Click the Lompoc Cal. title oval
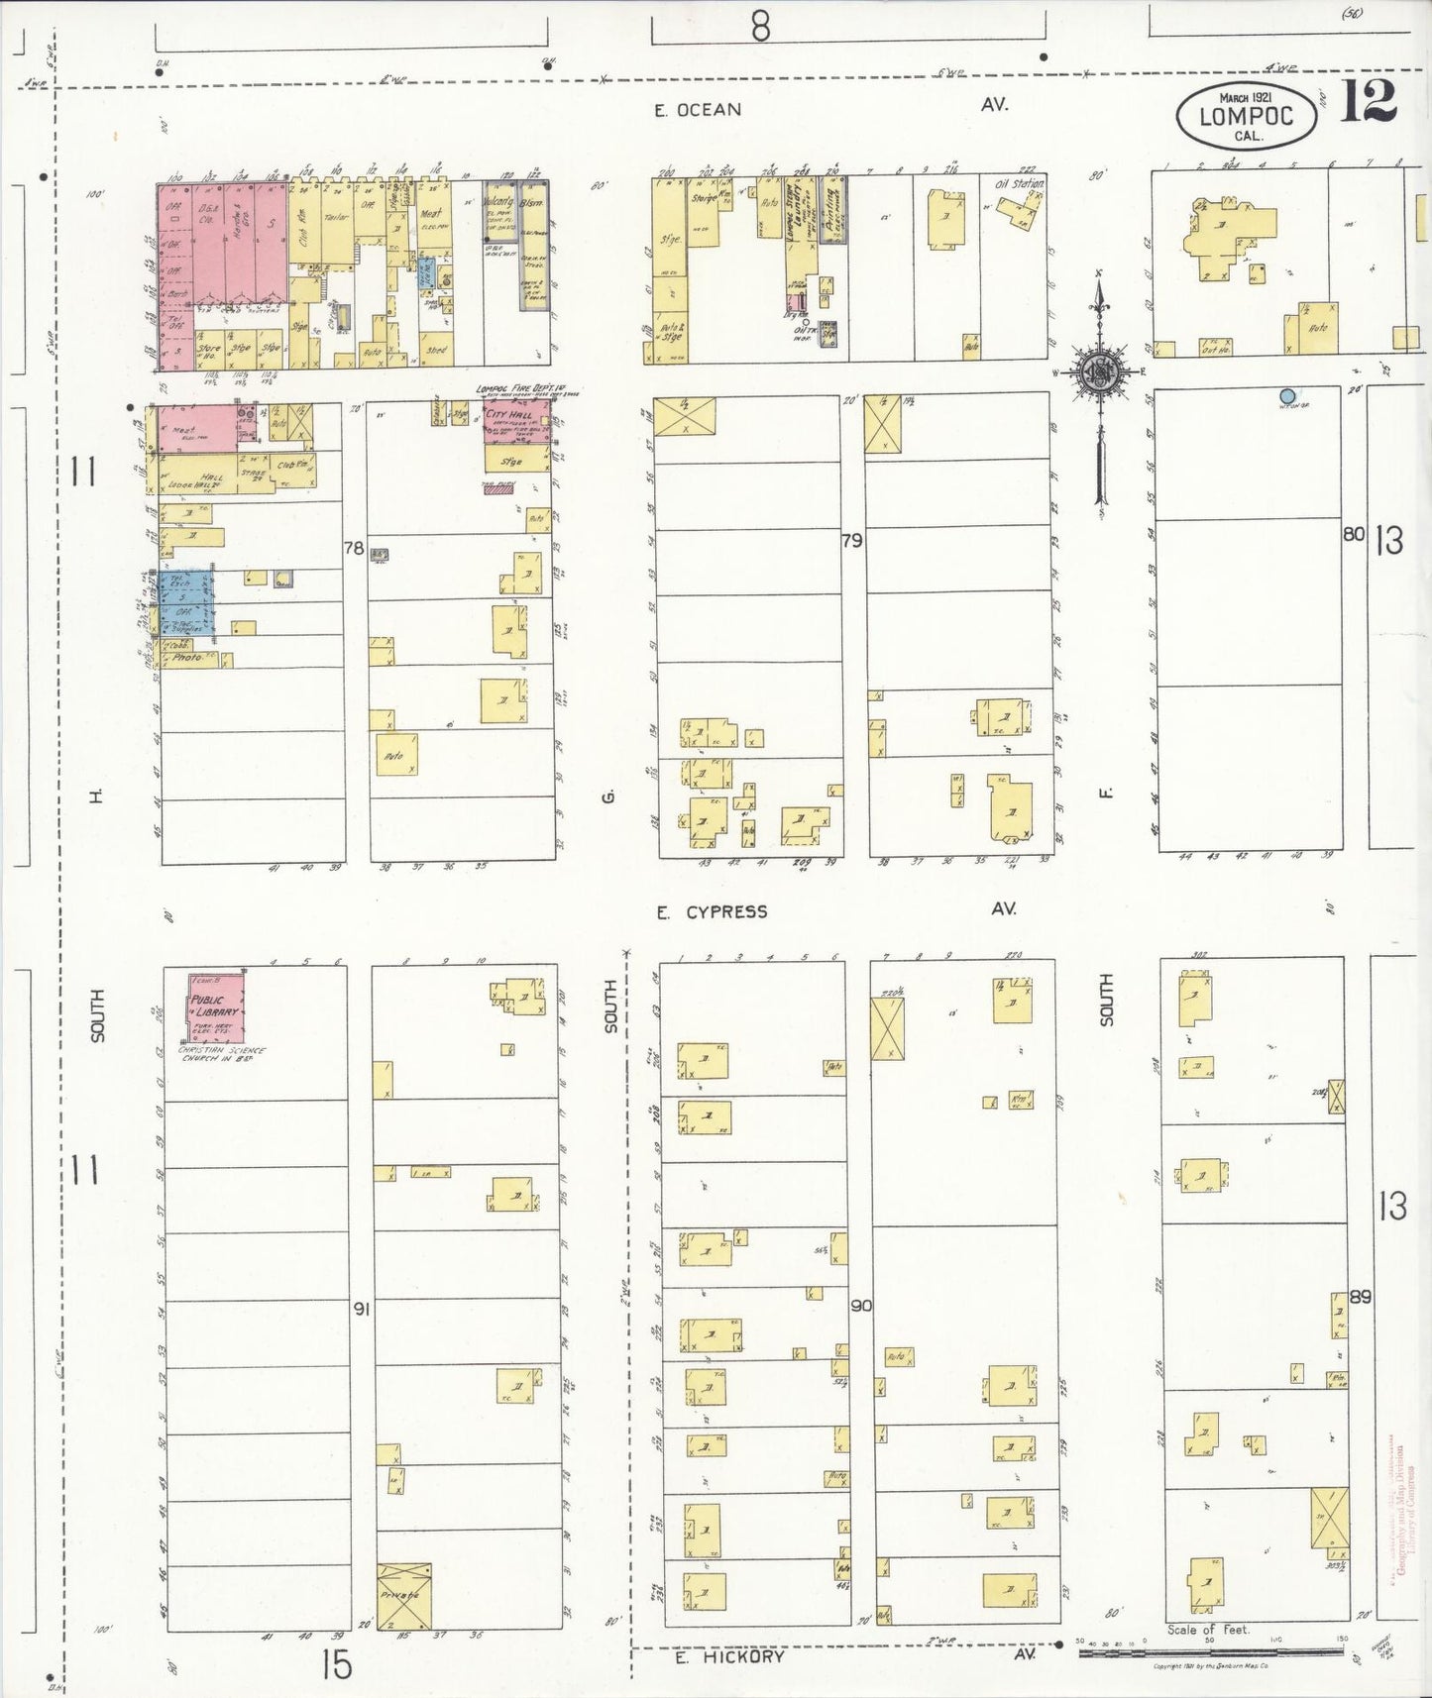click(x=1247, y=117)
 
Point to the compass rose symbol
click(x=1101, y=372)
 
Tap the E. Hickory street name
click(x=729, y=1656)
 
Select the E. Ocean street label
click(x=698, y=110)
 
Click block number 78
click(x=354, y=547)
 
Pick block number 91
click(x=362, y=1309)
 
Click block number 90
click(x=861, y=1306)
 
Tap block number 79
click(x=851, y=541)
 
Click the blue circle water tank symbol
click(x=1287, y=395)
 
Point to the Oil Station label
click(x=1021, y=184)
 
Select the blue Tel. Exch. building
click(x=181, y=600)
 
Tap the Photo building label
click(x=187, y=657)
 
